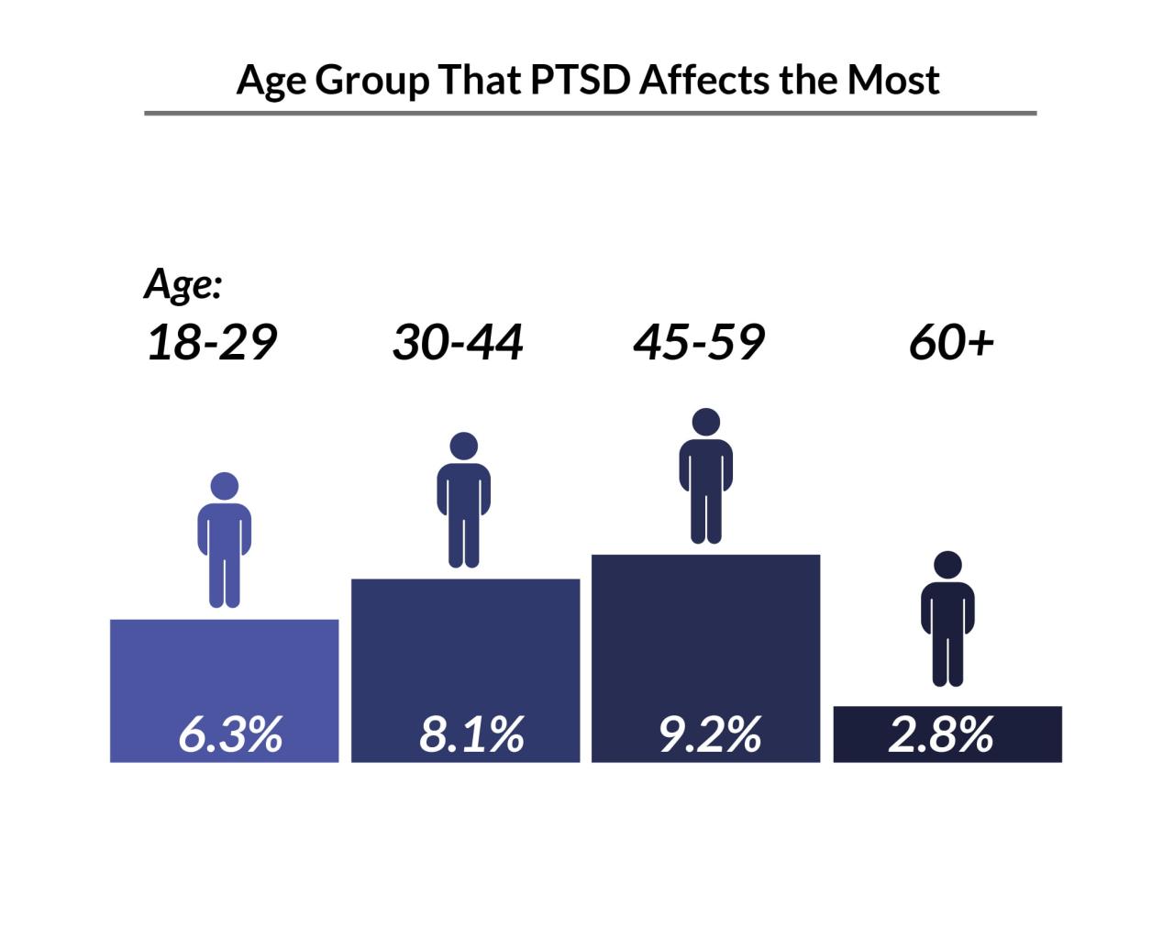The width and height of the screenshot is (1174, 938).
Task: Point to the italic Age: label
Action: click(183, 285)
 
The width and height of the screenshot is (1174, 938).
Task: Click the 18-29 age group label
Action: click(211, 343)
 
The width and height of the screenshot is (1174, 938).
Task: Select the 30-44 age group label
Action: click(458, 343)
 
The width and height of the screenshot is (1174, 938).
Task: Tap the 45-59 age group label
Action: click(699, 343)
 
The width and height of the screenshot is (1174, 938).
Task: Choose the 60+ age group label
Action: click(951, 343)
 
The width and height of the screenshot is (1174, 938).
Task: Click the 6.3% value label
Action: click(229, 735)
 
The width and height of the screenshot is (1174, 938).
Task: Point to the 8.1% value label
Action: click(471, 735)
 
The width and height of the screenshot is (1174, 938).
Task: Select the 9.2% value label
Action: click(710, 735)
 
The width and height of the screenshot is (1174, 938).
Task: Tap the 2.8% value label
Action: click(941, 735)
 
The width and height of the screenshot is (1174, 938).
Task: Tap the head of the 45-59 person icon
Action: click(706, 422)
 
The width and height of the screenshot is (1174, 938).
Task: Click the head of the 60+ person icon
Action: click(947, 565)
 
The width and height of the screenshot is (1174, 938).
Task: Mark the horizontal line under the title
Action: click(590, 114)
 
